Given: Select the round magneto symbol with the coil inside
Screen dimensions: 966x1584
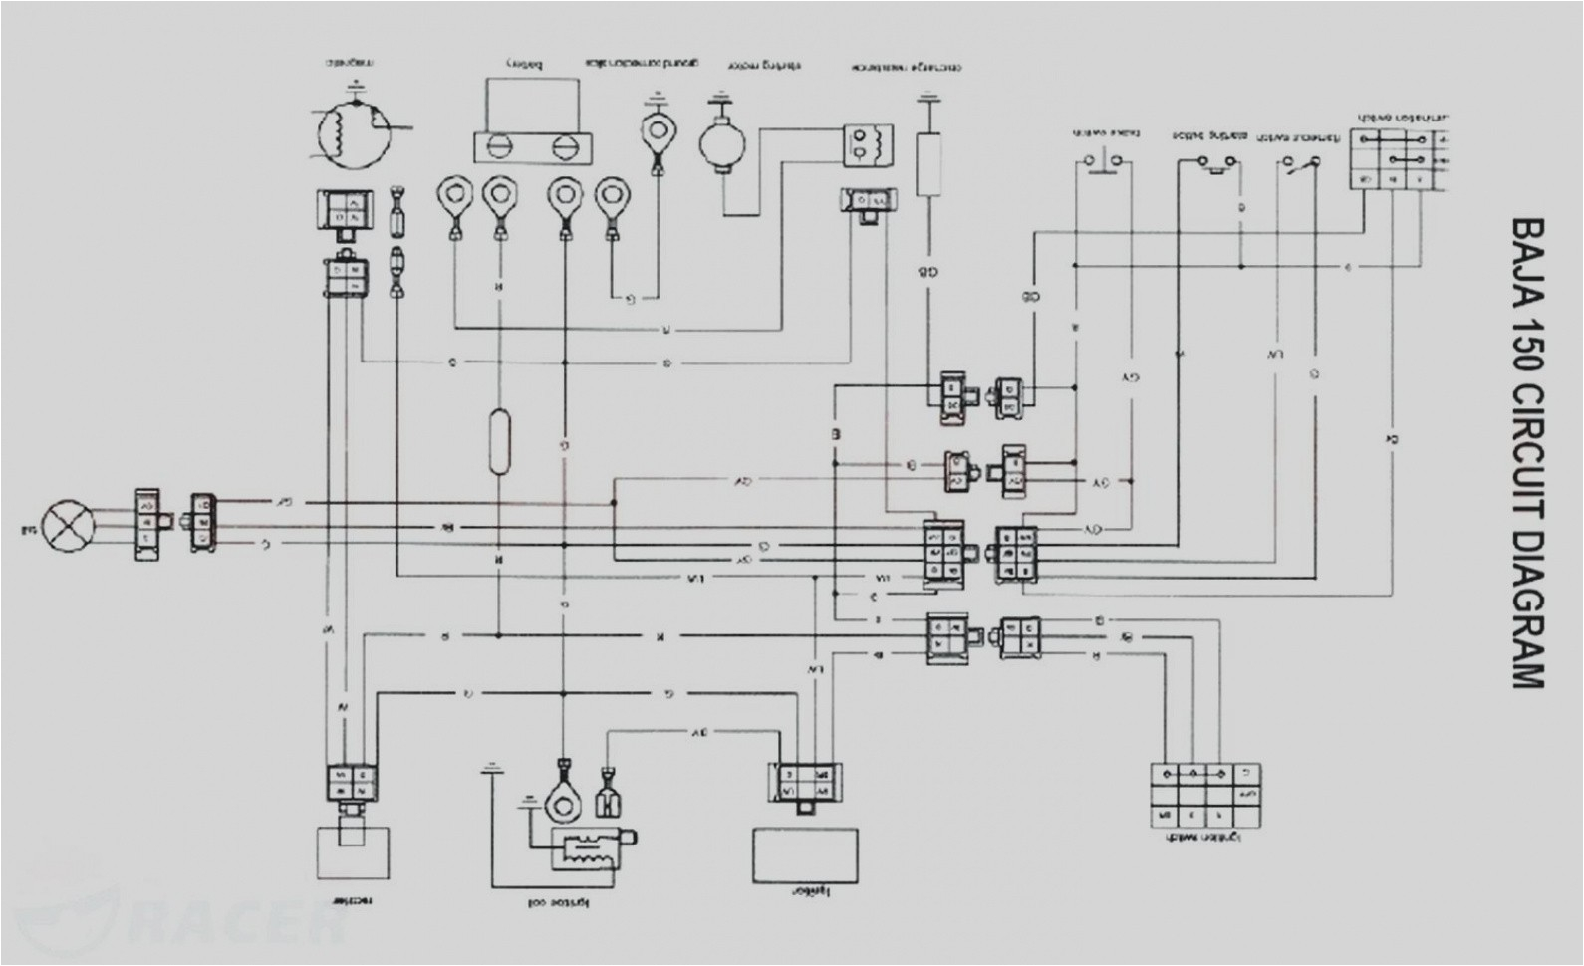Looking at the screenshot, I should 348,128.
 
